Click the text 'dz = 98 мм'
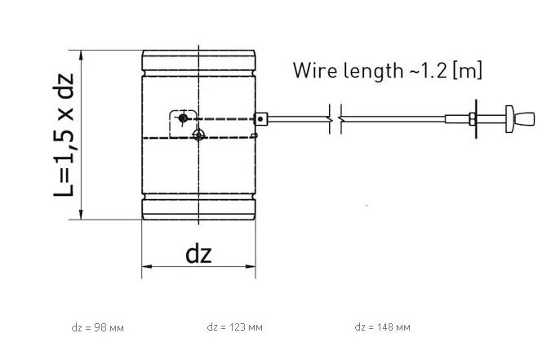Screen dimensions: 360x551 point(97,327)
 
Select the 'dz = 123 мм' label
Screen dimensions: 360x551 point(235,327)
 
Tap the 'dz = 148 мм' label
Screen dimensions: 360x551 point(382,327)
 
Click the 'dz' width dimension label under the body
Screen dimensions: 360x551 point(198,254)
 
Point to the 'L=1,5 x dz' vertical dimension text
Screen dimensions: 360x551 point(64,135)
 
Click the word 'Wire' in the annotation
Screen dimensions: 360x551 point(314,70)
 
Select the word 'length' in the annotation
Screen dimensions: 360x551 point(372,70)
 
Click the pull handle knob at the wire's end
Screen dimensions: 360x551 point(522,119)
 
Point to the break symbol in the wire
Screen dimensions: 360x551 point(335,119)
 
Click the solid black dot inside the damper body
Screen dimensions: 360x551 point(183,118)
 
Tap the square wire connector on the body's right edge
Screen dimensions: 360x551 point(260,119)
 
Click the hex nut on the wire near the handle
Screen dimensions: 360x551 point(471,119)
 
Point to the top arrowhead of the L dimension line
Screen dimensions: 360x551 point(82,54)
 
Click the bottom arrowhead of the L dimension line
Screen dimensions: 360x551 point(82,215)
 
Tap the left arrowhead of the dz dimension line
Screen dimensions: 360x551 point(146,266)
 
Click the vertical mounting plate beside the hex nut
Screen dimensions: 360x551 point(478,119)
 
